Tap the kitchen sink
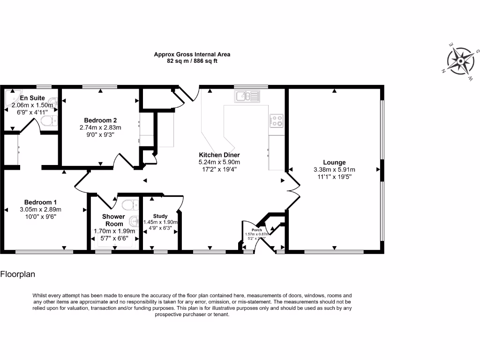tap(247, 97)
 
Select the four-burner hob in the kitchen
tap(276, 121)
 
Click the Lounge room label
tap(334, 163)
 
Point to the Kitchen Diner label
tap(219, 155)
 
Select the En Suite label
tap(32, 98)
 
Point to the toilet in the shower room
tap(127, 204)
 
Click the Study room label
tap(160, 216)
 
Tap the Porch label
tap(256, 230)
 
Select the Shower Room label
tap(114, 220)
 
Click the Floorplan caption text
tap(18, 274)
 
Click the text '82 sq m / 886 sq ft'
tap(192, 61)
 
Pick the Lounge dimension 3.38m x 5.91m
tap(334, 170)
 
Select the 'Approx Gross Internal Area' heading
tap(192, 54)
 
